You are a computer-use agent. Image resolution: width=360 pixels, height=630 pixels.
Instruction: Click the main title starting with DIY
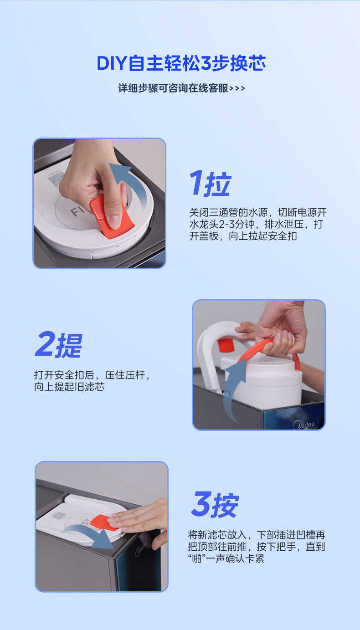(x=181, y=63)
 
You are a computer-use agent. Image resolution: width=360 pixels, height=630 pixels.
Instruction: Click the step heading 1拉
(x=211, y=184)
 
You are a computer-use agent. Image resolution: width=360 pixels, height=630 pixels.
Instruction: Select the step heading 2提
(x=59, y=345)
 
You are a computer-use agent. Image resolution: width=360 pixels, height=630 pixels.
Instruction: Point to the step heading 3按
(x=215, y=505)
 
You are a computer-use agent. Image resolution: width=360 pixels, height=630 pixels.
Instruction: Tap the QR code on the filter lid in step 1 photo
(x=56, y=178)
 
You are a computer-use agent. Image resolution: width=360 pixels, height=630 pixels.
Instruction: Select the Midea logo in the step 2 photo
(x=304, y=425)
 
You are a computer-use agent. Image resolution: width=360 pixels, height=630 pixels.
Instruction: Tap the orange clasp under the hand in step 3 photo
(x=105, y=522)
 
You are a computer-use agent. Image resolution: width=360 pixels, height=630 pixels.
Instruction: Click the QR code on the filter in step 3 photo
(x=59, y=516)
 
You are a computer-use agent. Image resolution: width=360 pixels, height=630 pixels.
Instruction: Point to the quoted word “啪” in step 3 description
(x=197, y=558)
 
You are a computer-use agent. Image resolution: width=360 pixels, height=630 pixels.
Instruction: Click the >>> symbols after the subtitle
(x=237, y=88)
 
